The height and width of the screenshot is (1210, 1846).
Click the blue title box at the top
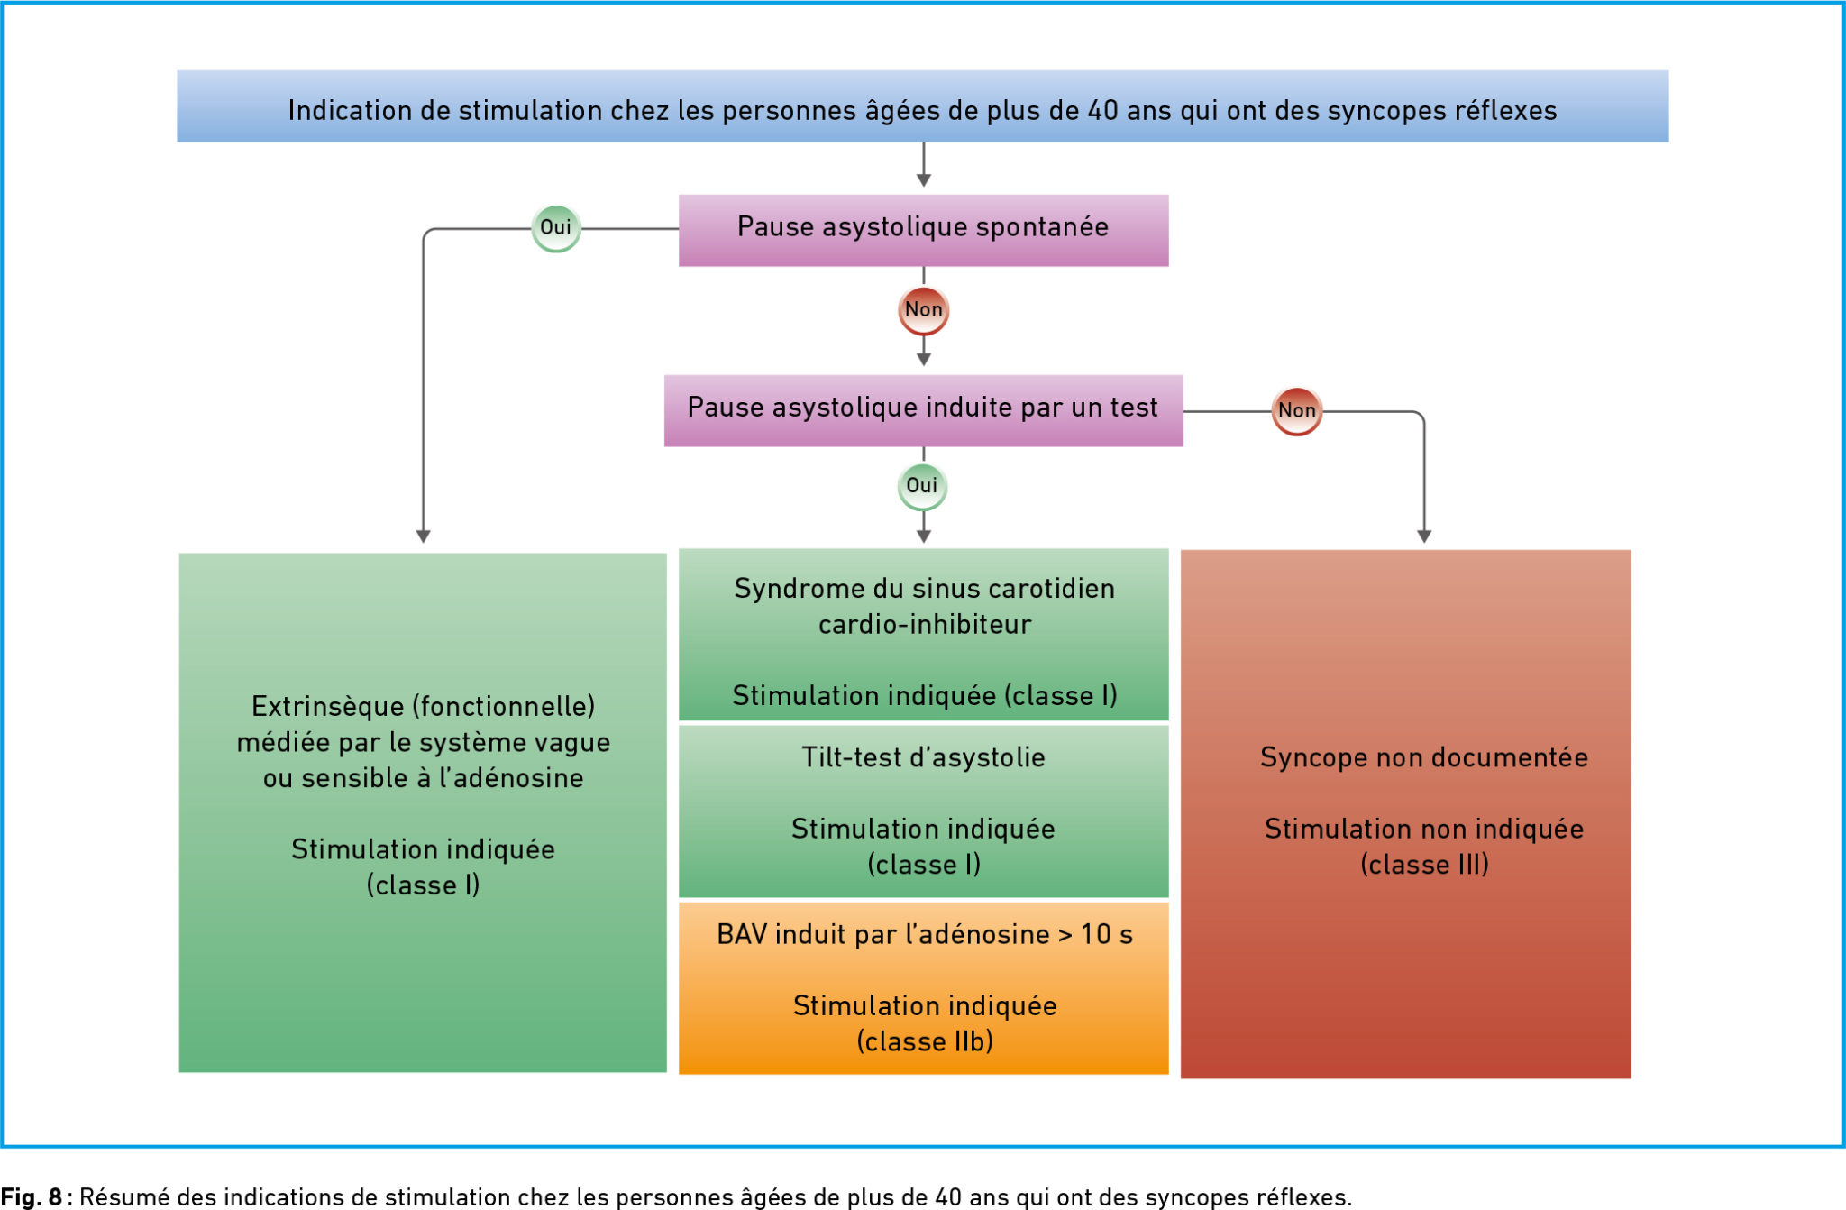pyautogui.click(x=922, y=106)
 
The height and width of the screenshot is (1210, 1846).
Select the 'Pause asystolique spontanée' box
pyautogui.click(x=923, y=230)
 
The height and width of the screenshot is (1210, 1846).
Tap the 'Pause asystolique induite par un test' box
pyautogui.click(x=923, y=410)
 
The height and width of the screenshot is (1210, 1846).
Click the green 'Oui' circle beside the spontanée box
pyautogui.click(x=556, y=228)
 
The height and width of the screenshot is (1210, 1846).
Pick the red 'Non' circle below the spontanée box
pyautogui.click(x=923, y=310)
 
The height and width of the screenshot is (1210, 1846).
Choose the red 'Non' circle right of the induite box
pyautogui.click(x=1296, y=411)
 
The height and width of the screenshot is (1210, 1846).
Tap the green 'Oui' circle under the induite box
pyautogui.click(x=922, y=486)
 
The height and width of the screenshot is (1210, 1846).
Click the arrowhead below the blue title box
pyautogui.click(x=923, y=179)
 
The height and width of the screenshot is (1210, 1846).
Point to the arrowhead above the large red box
pyautogui.click(x=1424, y=536)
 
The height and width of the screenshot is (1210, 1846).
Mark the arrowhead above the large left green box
pyautogui.click(x=423, y=536)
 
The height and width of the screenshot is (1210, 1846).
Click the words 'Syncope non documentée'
pyautogui.click(x=1423, y=757)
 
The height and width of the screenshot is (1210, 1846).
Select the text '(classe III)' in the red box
pyautogui.click(x=1424, y=865)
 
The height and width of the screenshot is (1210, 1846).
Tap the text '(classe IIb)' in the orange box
pyautogui.click(x=925, y=1041)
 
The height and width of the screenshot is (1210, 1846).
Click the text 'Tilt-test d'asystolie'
pyautogui.click(x=923, y=757)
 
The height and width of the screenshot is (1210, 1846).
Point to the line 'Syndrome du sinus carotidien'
pyautogui.click(x=924, y=589)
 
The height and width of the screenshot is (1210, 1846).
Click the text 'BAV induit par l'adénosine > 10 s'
pyautogui.click(x=924, y=934)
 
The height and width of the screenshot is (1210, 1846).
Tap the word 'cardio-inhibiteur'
pyautogui.click(x=924, y=625)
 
